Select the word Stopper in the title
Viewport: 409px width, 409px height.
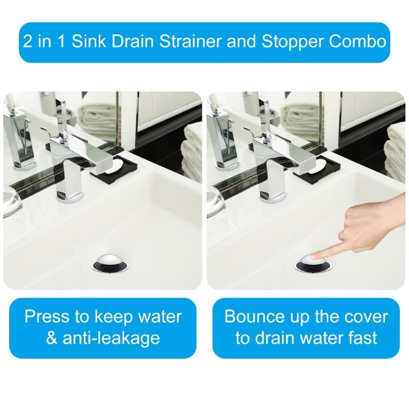(290, 41)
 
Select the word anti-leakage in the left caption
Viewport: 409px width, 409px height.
(118, 338)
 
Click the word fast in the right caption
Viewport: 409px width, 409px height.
(361, 338)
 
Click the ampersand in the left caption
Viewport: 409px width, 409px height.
(52, 338)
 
